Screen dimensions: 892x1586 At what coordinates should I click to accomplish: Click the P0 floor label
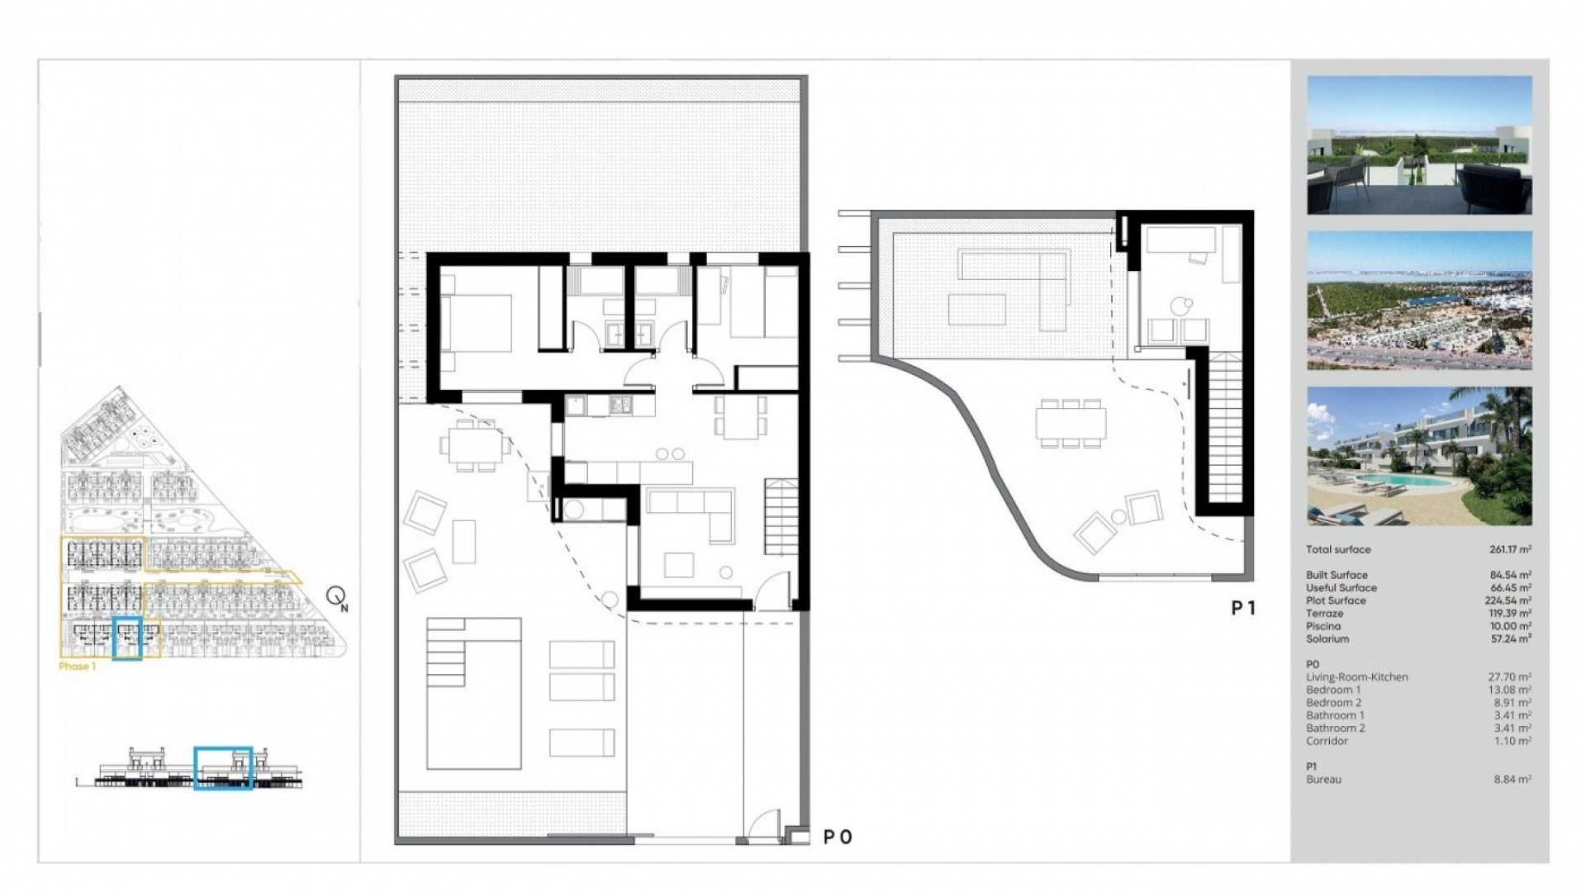[837, 837]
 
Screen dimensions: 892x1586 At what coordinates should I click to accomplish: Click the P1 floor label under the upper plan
[1243, 608]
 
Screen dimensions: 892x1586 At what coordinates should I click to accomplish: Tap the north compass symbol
[336, 597]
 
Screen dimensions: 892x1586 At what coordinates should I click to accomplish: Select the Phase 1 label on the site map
[78, 667]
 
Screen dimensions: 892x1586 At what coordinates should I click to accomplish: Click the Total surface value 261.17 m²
[1510, 549]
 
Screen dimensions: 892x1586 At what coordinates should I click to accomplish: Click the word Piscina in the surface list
[1323, 626]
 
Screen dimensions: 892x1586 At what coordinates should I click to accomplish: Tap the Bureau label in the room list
[1323, 780]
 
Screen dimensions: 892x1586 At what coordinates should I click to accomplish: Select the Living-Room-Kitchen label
[1356, 677]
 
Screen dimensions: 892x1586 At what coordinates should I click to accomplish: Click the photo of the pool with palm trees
[1419, 456]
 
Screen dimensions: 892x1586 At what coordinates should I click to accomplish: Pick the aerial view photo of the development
[1419, 301]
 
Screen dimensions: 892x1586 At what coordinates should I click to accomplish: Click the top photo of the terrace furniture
[1419, 145]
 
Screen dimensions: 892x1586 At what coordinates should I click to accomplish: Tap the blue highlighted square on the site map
[127, 638]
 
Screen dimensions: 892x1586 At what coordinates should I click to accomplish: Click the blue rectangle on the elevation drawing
[223, 768]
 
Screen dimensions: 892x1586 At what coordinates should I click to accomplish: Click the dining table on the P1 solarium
[1071, 424]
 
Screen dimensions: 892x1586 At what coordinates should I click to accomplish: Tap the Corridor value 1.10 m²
[1512, 741]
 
